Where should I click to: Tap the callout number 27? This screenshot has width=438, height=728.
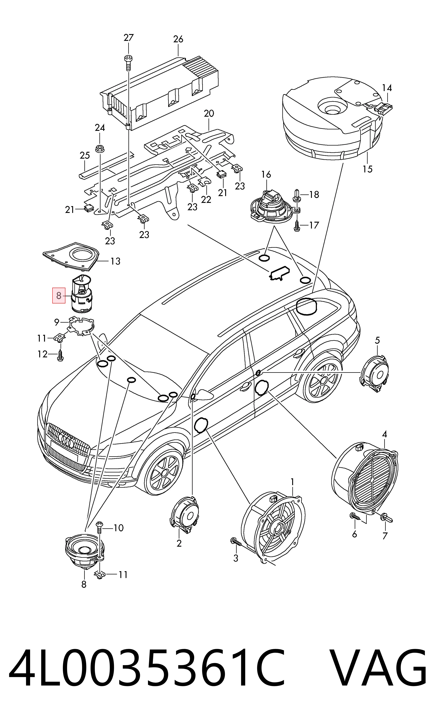[x=128, y=38]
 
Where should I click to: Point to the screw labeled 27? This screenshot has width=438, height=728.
[x=128, y=62]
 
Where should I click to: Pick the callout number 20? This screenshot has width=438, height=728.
[x=209, y=113]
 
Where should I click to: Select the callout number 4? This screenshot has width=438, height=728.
[x=384, y=434]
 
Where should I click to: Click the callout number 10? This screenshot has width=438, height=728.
[x=118, y=528]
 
